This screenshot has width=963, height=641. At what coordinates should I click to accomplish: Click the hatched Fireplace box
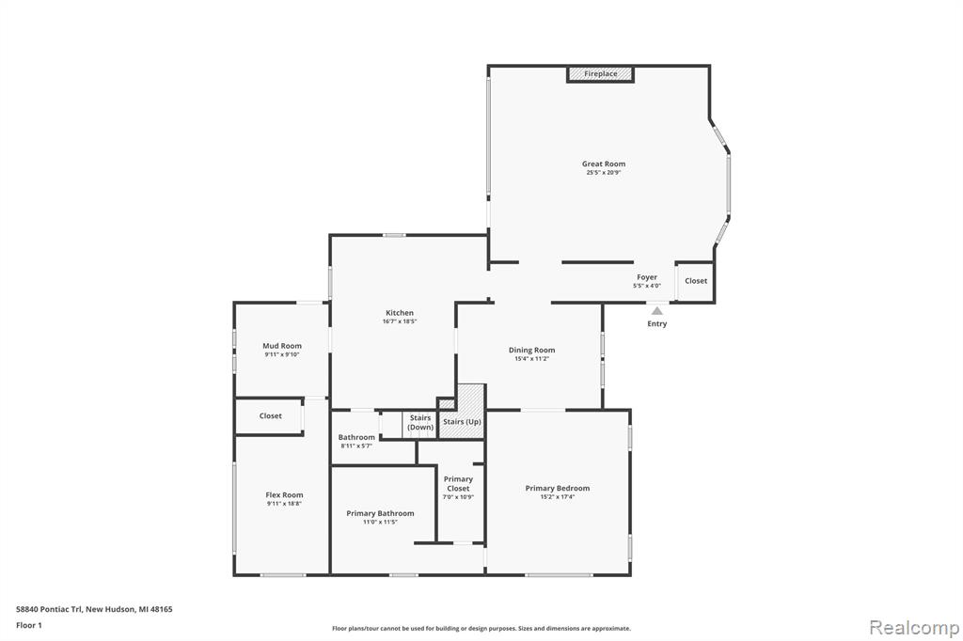pyautogui.click(x=600, y=73)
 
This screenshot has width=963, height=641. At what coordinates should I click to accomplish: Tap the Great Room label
pyautogui.click(x=604, y=164)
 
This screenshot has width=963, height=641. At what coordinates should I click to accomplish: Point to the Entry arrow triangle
pyautogui.click(x=657, y=311)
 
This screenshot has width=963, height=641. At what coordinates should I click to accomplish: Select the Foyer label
pyautogui.click(x=647, y=277)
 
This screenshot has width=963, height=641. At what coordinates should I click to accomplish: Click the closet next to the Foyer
pyautogui.click(x=695, y=281)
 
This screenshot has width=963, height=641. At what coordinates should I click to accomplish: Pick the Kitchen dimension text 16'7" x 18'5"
pyautogui.click(x=400, y=321)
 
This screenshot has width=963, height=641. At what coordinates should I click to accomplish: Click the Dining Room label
pyautogui.click(x=532, y=350)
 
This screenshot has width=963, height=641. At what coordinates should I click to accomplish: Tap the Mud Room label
pyautogui.click(x=282, y=346)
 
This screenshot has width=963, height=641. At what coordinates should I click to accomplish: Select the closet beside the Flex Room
pyautogui.click(x=270, y=416)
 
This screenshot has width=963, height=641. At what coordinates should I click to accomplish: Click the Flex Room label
pyautogui.click(x=284, y=495)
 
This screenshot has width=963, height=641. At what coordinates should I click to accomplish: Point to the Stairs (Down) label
pyautogui.click(x=420, y=422)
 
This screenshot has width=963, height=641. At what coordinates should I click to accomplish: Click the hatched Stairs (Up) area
pyautogui.click(x=463, y=412)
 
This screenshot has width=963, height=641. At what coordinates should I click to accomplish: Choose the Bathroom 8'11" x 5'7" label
pyautogui.click(x=356, y=441)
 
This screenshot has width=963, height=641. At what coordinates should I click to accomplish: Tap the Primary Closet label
pyautogui.click(x=458, y=484)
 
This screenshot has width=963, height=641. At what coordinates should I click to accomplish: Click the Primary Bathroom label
pyautogui.click(x=380, y=513)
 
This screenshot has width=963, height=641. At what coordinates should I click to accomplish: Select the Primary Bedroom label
pyautogui.click(x=558, y=488)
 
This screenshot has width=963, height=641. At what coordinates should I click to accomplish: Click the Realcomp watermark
pyautogui.click(x=914, y=628)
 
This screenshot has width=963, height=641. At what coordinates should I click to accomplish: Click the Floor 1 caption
pyautogui.click(x=29, y=626)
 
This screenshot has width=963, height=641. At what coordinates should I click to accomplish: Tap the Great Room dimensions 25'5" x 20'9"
pyautogui.click(x=604, y=173)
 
